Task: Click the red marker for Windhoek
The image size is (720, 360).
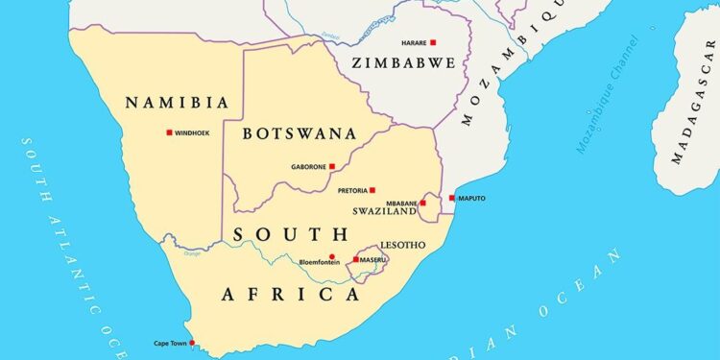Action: click(x=169, y=132)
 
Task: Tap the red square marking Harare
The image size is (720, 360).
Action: click(x=433, y=42)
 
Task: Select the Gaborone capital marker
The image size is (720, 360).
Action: click(x=332, y=166)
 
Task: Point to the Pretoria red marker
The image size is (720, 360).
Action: click(x=372, y=190)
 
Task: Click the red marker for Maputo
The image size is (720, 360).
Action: click(x=452, y=198)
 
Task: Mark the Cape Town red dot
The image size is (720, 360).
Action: click(x=193, y=343)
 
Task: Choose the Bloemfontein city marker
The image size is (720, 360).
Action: click(x=332, y=256)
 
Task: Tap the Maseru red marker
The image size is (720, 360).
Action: click(x=356, y=259)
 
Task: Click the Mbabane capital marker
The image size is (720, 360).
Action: click(x=422, y=203)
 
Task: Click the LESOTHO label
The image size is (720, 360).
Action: click(x=403, y=245)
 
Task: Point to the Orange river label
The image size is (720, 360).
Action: click(x=193, y=253)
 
